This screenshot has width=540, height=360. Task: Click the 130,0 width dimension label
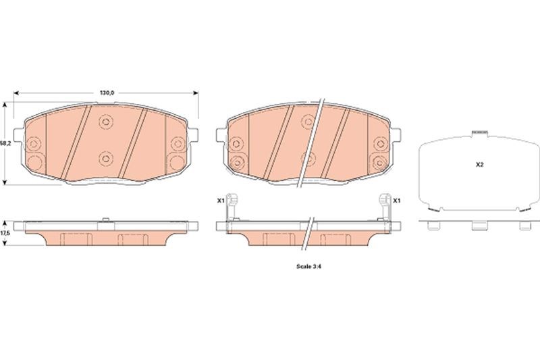pos(107,93)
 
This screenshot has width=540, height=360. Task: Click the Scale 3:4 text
pos(309,266)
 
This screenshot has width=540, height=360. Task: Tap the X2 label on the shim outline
pos(480,165)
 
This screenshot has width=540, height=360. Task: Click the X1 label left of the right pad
pos(221,200)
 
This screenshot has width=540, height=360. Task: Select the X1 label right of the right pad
pos(397,200)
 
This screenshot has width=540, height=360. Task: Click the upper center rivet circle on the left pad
pos(106,122)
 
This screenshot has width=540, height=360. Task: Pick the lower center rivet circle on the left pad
pos(106,159)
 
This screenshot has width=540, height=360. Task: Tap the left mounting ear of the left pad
pos(19,134)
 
